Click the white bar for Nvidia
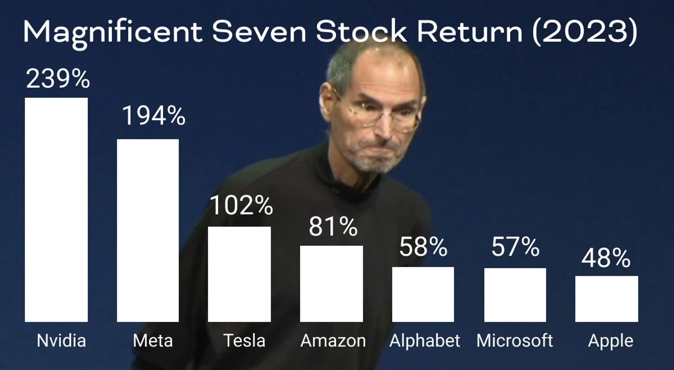56,210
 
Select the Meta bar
148,230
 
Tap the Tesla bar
239,274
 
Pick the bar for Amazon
332,284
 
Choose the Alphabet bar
423,294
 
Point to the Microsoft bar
515,295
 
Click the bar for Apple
607,299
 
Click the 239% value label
58,79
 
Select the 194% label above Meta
154,116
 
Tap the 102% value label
241,205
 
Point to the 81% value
333,226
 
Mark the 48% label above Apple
606,258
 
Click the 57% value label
516,247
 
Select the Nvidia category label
61,340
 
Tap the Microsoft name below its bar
515,340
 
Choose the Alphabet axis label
425,341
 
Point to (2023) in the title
585,31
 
